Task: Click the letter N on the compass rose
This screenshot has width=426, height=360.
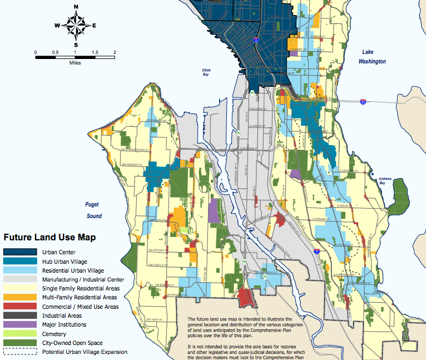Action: (x=76, y=7)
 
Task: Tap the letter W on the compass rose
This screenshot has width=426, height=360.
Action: (x=57, y=26)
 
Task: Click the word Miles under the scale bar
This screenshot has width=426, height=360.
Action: (x=76, y=63)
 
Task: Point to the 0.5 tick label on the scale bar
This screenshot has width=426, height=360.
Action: (x=55, y=52)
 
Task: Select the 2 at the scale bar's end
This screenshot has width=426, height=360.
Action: (x=115, y=52)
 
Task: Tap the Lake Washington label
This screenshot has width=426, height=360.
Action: (x=371, y=56)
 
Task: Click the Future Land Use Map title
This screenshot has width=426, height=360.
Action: (x=50, y=237)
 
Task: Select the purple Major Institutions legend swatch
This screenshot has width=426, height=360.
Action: (x=20, y=324)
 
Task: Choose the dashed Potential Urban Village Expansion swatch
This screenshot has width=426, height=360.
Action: (x=20, y=352)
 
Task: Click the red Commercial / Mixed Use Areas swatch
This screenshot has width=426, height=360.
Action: (x=20, y=307)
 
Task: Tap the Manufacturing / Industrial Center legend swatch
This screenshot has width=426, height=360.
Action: (x=20, y=279)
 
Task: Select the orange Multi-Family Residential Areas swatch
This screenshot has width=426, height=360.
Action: (x=20, y=297)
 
